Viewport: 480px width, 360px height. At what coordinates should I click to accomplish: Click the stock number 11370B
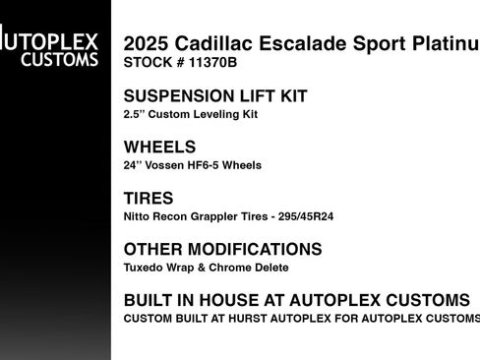(210, 62)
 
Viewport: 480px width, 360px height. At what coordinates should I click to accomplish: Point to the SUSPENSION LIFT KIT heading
(215, 96)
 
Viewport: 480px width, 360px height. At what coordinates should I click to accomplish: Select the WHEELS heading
(160, 147)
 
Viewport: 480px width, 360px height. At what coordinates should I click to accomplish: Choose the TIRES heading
(149, 198)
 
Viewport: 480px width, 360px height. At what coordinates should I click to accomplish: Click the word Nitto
(137, 216)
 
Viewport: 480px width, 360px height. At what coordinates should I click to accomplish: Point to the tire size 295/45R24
(301, 216)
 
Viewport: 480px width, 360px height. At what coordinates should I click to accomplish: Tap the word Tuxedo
(144, 268)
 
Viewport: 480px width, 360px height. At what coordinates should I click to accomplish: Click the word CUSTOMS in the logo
(61, 59)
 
